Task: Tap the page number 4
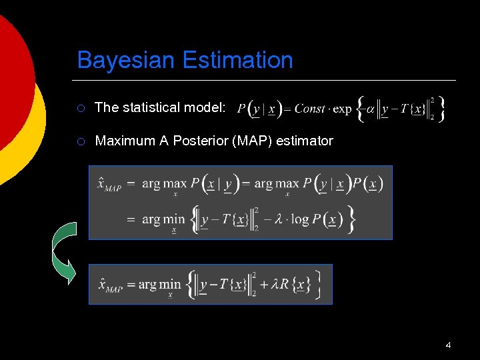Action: pyautogui.click(x=448, y=345)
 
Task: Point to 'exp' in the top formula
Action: pyautogui.click(x=342, y=109)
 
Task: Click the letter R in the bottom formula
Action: pyautogui.click(x=283, y=285)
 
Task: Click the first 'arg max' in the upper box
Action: pyautogui.click(x=165, y=184)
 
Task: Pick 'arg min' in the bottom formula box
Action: pyautogui.click(x=159, y=285)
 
